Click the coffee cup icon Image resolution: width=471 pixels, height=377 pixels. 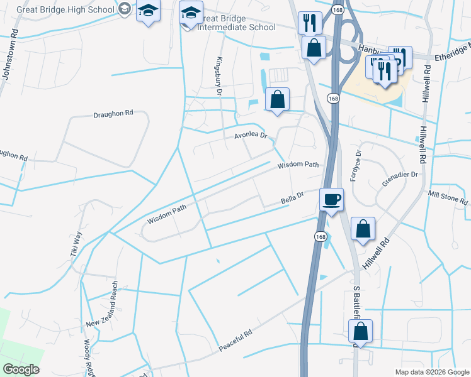coord(332,199)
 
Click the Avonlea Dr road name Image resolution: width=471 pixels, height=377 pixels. coord(251,135)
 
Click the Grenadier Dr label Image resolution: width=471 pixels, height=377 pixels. coord(400,178)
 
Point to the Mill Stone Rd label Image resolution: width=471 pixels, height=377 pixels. coord(448,197)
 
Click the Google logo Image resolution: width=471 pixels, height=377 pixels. coord(21,369)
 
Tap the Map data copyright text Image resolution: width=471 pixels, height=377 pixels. coord(432,372)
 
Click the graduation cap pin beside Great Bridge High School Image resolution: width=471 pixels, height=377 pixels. coord(149,11)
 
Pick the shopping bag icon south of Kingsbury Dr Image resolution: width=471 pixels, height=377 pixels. coord(277,99)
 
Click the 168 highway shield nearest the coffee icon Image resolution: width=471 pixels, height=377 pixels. coord(321,236)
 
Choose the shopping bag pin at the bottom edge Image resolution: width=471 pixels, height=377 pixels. coord(361,331)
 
